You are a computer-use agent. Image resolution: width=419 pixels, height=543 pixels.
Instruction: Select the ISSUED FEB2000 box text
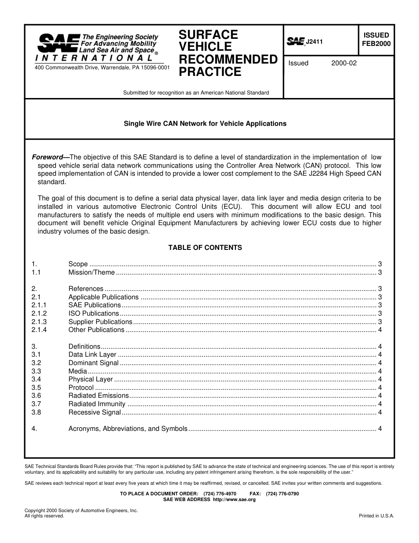[x=376, y=39]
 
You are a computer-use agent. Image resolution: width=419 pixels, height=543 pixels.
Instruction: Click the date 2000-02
[x=344, y=63]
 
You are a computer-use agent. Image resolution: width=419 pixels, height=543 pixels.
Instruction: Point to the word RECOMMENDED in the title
[x=228, y=59]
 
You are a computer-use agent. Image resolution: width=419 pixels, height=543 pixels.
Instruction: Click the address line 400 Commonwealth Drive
[x=101, y=68]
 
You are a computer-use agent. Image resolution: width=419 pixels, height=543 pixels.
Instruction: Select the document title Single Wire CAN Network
[x=205, y=124]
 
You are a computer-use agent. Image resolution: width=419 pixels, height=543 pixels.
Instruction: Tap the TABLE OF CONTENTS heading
[x=205, y=248]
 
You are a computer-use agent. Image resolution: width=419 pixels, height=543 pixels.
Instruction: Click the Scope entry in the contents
[x=78, y=264]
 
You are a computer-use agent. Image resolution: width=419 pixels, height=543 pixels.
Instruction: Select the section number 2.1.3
[x=39, y=322]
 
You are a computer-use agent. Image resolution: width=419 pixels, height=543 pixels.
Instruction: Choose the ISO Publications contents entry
[x=94, y=313]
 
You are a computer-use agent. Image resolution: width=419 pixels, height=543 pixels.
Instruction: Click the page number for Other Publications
[x=380, y=330]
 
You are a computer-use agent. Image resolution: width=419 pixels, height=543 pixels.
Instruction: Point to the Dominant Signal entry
[x=94, y=363]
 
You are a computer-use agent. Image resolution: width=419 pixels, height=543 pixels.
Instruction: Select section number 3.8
[x=36, y=412]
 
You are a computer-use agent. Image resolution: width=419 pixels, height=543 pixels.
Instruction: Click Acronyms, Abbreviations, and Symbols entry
[x=128, y=429]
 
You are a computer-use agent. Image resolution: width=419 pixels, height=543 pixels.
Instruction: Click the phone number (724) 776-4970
[x=220, y=494]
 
